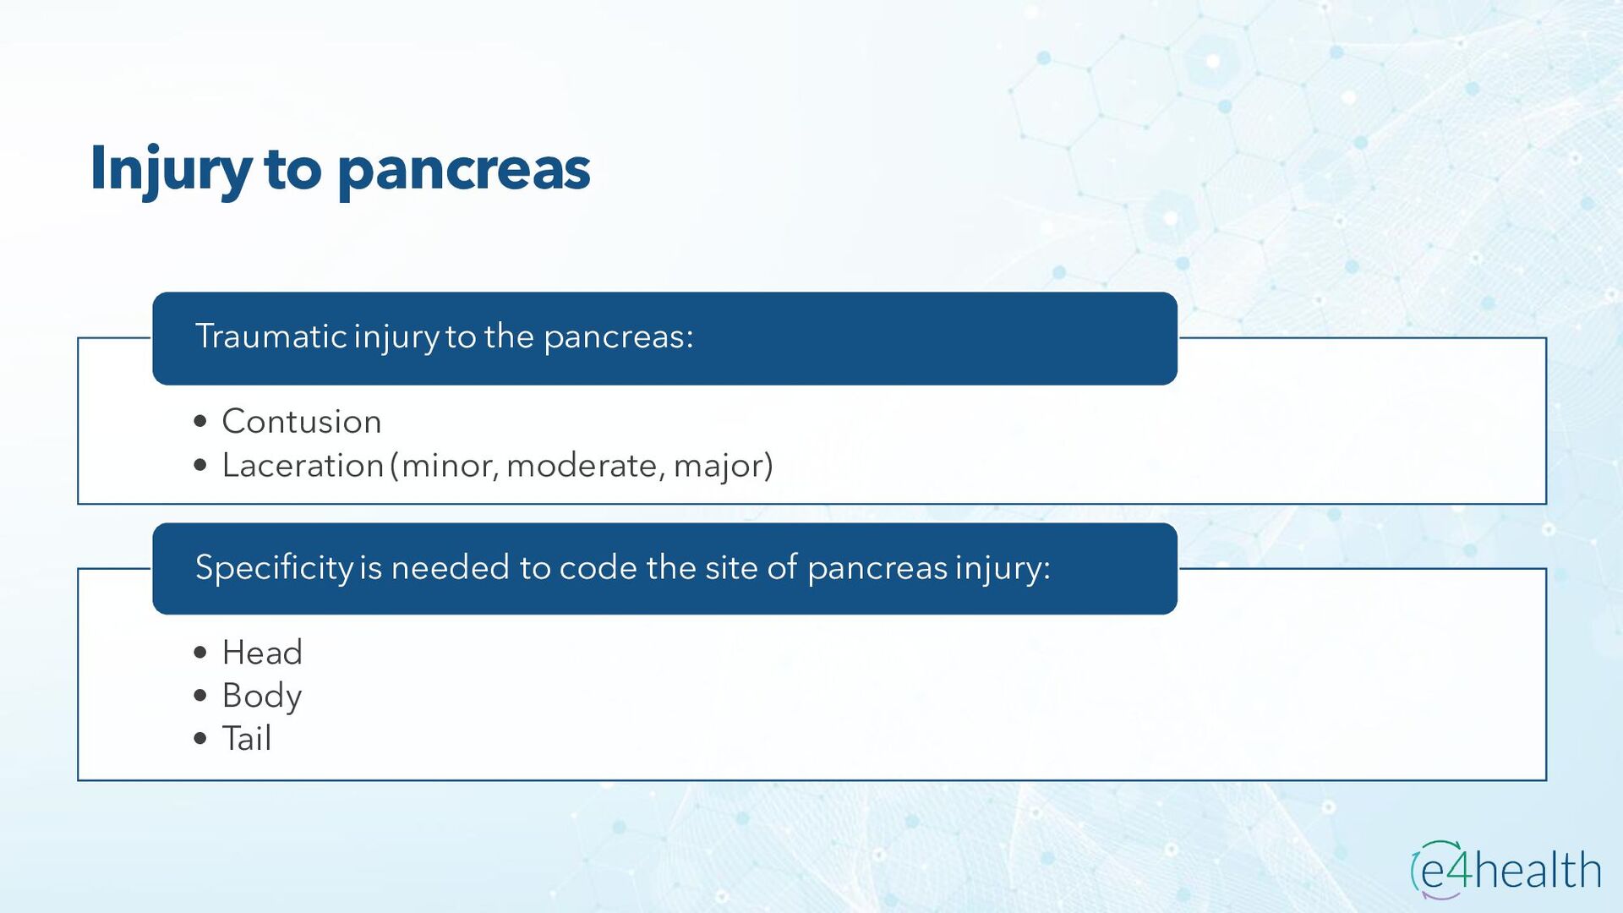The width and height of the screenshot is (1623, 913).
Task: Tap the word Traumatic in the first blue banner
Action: point(271,336)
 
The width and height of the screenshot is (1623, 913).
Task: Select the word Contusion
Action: point(302,421)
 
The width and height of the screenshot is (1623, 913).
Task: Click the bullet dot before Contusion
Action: point(200,421)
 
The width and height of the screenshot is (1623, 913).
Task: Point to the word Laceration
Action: point(303,465)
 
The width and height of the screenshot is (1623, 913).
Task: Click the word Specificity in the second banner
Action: point(275,568)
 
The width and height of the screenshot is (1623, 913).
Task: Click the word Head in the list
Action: point(262,652)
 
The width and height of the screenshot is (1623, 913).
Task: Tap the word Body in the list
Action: point(262,697)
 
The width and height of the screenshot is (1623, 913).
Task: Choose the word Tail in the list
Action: point(247,738)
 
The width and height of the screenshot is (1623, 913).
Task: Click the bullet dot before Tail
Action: point(200,739)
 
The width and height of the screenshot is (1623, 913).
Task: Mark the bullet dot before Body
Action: point(200,696)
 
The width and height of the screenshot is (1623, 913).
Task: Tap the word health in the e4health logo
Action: point(1538,870)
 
